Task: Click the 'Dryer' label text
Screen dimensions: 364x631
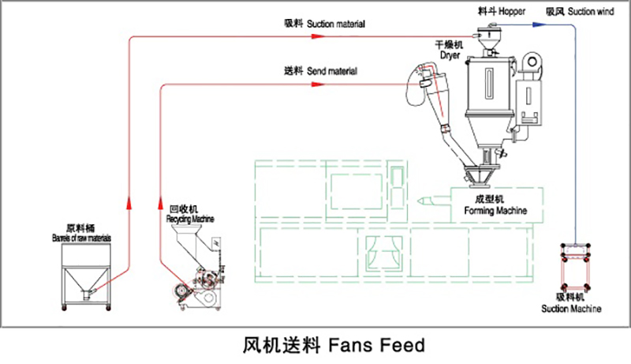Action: (450, 51)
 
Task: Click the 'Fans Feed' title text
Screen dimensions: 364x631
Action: (331, 345)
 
